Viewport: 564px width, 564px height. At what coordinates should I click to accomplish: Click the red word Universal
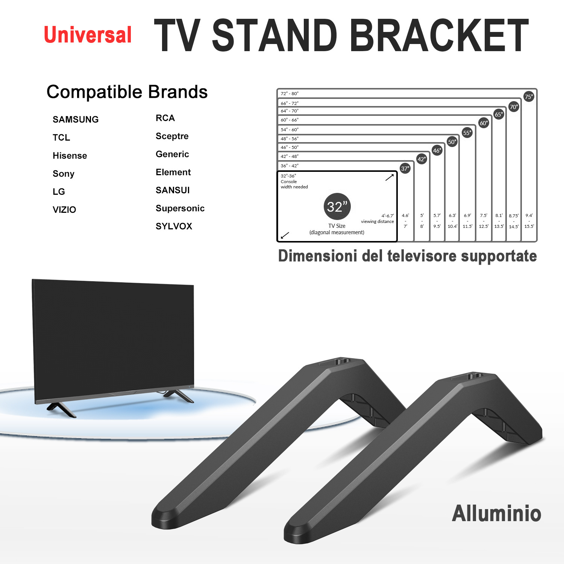coord(88,35)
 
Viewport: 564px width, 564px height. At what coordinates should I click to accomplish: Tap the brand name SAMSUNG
coord(76,120)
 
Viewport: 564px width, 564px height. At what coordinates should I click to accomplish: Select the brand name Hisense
coord(70,156)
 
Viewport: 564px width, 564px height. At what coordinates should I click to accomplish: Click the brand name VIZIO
coord(64,210)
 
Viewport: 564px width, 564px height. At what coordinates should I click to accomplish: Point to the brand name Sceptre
coord(172,136)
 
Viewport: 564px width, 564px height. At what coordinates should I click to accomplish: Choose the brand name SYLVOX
coord(174,226)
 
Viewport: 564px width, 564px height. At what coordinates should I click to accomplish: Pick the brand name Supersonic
coord(180,208)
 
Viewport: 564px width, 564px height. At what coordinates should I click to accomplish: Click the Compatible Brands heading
coord(127,92)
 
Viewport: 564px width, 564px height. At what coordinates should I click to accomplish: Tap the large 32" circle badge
coord(337,206)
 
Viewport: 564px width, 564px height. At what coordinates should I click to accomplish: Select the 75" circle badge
coord(529,97)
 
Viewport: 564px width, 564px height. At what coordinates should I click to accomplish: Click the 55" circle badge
coord(467,133)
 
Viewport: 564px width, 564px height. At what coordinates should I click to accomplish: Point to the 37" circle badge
coord(405,168)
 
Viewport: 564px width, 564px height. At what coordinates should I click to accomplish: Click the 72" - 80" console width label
coord(290,94)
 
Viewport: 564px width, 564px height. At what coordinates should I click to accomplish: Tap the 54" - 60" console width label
coord(290,130)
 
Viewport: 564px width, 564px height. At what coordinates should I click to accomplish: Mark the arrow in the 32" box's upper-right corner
coord(390,177)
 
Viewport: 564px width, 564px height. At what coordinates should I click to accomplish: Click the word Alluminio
coord(496,514)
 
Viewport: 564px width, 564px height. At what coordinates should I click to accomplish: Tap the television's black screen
coord(113,338)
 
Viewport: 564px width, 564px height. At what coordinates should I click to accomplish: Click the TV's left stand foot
coord(61,409)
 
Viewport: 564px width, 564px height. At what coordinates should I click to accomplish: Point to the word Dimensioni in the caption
coord(318,256)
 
